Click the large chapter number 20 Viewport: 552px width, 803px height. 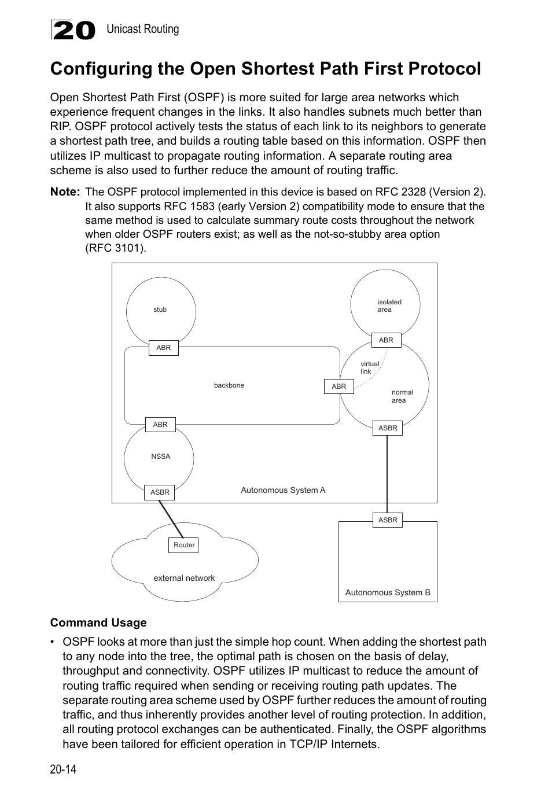coord(73,30)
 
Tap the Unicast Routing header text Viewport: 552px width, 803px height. coord(142,29)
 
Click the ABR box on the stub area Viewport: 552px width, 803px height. coord(164,348)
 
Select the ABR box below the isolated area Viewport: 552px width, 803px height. coord(386,340)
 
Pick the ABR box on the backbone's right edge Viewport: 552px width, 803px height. coord(339,386)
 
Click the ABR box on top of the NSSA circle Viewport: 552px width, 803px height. coord(160,425)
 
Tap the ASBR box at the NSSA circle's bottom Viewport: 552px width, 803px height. coord(160,492)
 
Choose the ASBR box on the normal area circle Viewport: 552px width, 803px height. coord(388,428)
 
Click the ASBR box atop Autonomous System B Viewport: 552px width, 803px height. coord(388,520)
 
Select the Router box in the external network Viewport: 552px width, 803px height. coord(184,545)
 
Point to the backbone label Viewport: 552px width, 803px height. coord(229,385)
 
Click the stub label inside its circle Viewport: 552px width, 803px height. coord(160,310)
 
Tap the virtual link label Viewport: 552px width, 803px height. coord(370,368)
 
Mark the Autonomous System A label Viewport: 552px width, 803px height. coord(283,490)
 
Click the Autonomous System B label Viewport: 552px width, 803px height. coord(388,592)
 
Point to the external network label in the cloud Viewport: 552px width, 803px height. coord(184,578)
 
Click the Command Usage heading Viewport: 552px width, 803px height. coord(98,622)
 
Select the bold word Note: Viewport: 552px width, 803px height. coord(65,191)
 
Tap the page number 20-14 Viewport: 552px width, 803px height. coord(63,769)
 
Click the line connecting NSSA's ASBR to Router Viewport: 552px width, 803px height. coord(171,519)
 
